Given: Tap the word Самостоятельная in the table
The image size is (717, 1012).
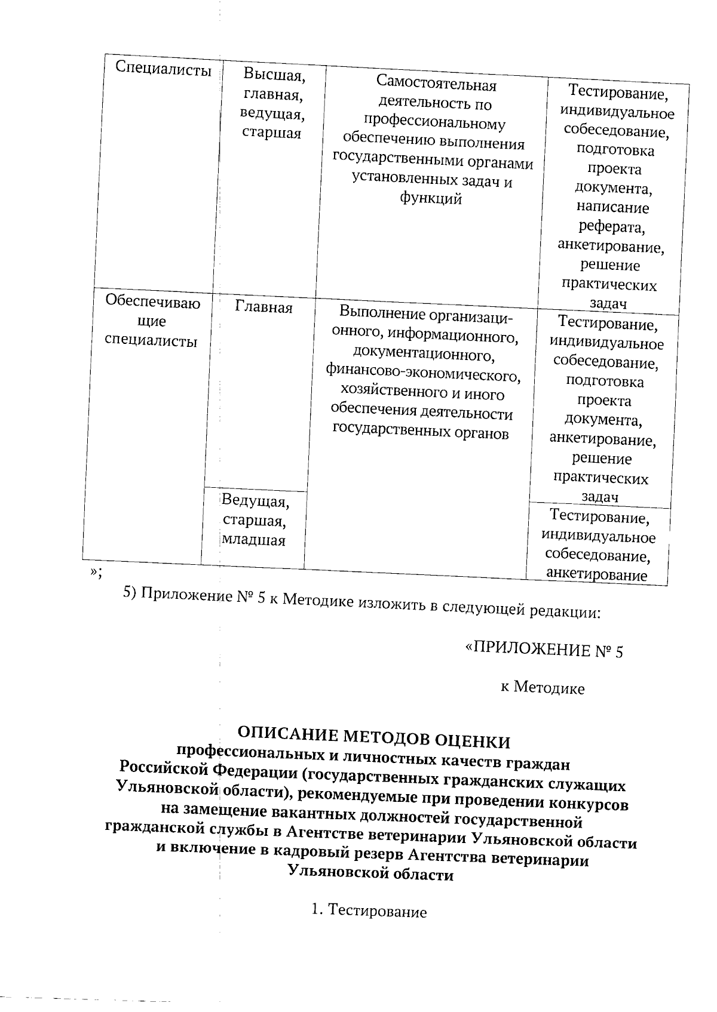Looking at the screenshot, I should click(x=437, y=85).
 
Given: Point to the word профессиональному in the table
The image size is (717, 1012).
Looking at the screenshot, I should click(x=435, y=124).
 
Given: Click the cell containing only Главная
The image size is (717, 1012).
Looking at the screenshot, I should click(x=263, y=307).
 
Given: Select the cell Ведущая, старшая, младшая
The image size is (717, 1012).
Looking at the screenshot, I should click(x=255, y=521).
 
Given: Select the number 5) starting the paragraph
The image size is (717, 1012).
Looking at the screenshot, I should click(x=130, y=592).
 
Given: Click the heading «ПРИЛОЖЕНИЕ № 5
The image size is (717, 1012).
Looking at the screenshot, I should click(x=544, y=649).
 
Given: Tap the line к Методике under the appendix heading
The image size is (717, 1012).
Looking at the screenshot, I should click(x=543, y=688).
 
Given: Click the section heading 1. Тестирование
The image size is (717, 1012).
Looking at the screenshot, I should click(x=369, y=911).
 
